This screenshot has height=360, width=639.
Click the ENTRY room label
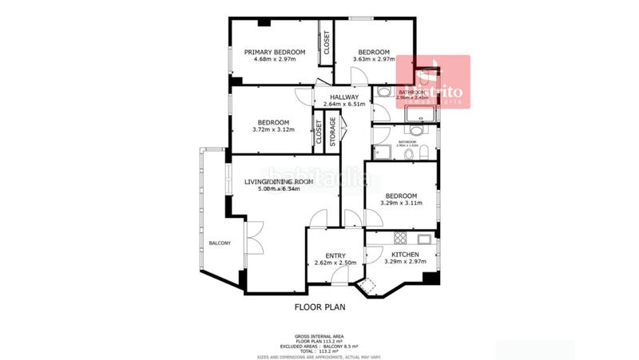point(335,255)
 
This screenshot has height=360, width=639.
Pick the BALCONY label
point(220,243)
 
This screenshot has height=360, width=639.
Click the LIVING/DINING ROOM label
point(278,182)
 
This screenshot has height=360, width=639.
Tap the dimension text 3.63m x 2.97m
point(374,59)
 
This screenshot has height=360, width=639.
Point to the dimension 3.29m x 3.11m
point(401,203)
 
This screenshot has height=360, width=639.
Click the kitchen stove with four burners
point(399,237)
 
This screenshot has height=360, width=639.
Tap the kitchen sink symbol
point(424,237)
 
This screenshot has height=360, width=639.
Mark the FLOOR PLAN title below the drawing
point(319,307)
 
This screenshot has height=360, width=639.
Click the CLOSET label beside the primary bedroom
point(326,42)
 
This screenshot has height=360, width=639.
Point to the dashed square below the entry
point(368,287)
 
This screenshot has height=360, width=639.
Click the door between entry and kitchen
point(371,255)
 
